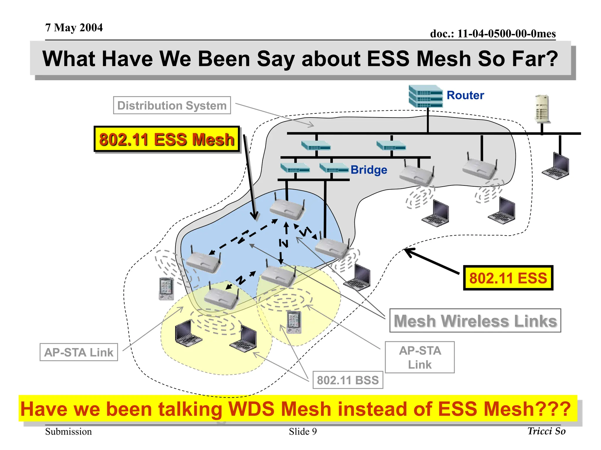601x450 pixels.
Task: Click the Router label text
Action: pos(465,96)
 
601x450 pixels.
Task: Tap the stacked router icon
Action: pos(426,96)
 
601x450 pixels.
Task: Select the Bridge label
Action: pos(369,170)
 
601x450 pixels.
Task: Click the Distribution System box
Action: pos(172,105)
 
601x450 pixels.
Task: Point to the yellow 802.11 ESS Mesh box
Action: pos(167,139)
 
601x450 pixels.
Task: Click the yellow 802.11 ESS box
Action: pos(508,278)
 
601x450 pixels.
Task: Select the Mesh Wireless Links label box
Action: pos(475,321)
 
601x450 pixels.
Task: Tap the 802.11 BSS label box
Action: pos(348,380)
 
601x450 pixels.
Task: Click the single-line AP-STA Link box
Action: pos(79,352)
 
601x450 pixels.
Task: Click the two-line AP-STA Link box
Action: pos(420,357)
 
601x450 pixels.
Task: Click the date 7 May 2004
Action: pos(74,28)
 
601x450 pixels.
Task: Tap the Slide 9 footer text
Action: pos(303,432)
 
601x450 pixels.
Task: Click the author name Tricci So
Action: pos(546,431)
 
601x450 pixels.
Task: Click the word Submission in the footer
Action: pos(68,432)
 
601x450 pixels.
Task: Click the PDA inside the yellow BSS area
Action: pos(294,322)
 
